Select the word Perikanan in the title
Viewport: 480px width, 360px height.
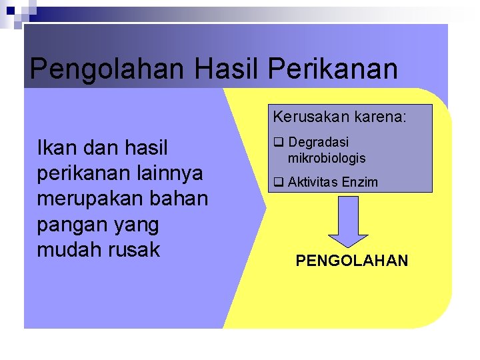click(x=335, y=69)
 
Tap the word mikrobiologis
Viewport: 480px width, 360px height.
click(x=327, y=159)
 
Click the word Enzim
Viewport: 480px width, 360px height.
click(x=361, y=182)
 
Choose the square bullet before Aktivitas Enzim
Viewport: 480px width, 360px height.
click(x=277, y=182)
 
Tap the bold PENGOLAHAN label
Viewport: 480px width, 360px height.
click(x=351, y=261)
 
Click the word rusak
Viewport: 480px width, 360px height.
click(x=137, y=250)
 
